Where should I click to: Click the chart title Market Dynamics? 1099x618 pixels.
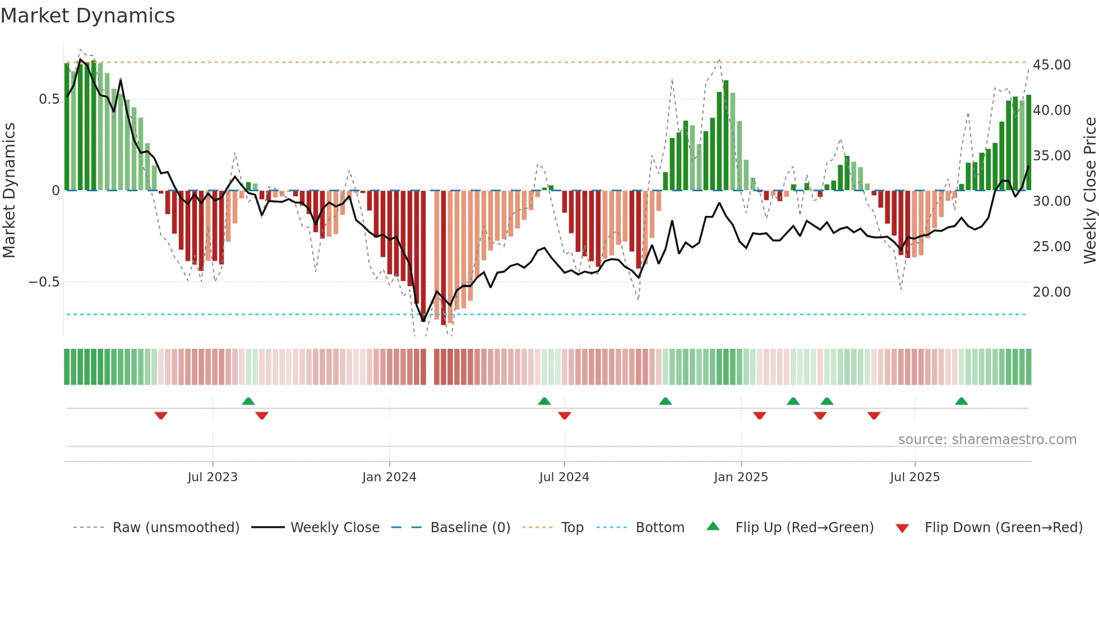[88, 16]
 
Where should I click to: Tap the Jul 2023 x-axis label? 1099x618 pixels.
[213, 477]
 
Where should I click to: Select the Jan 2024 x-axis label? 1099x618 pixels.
[389, 477]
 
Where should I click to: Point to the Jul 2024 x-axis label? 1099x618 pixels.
[564, 477]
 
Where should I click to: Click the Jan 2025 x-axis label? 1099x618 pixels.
[741, 477]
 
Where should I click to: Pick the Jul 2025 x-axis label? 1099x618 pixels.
[915, 477]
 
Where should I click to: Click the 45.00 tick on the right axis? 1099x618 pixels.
[1051, 65]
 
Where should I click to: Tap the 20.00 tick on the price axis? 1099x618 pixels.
[1051, 292]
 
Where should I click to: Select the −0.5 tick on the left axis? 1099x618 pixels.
[44, 282]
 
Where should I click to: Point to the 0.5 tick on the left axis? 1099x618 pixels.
[49, 99]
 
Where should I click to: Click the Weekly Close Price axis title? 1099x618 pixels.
[1089, 190]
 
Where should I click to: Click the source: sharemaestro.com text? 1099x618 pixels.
[987, 440]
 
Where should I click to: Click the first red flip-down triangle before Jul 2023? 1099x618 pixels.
[161, 416]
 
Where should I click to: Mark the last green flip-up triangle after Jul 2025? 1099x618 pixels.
[961, 401]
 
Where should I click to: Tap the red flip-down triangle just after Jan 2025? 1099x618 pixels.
[759, 416]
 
